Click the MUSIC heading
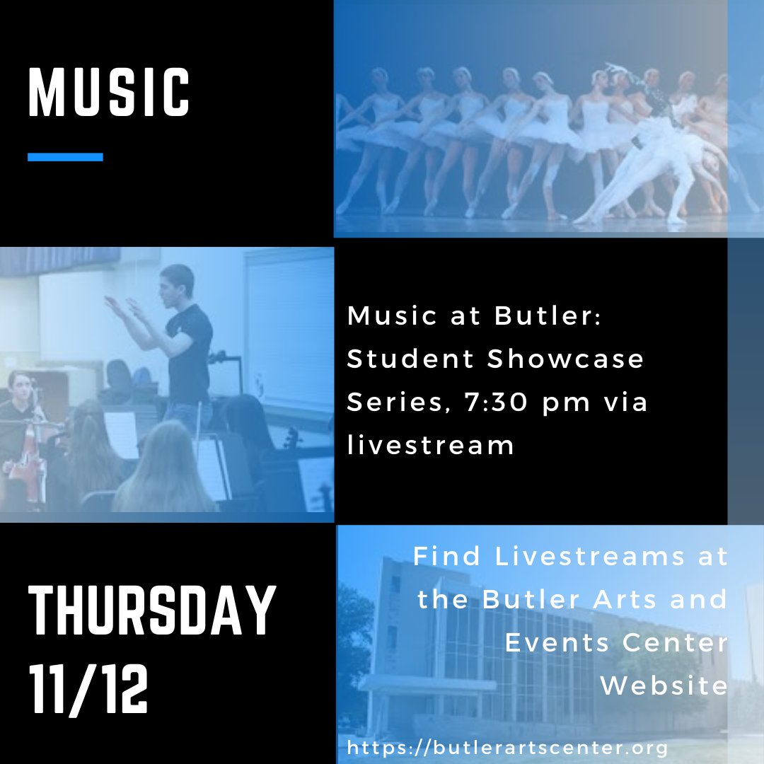click(x=109, y=92)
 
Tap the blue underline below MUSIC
click(x=65, y=157)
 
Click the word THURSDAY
click(x=151, y=612)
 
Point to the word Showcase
click(x=566, y=359)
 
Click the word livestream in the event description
click(x=430, y=446)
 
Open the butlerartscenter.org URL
click(x=507, y=747)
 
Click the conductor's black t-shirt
click(x=190, y=354)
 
